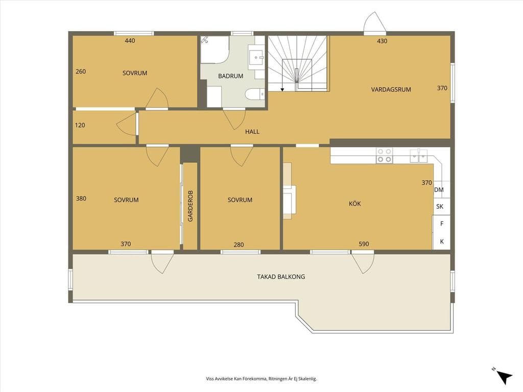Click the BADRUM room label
[x=230, y=76]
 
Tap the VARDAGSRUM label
[x=391, y=89]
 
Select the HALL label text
[x=252, y=132]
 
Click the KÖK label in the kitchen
[x=354, y=203]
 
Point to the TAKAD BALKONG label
[x=281, y=277]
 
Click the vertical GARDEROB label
[x=191, y=206]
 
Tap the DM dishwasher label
[x=439, y=190]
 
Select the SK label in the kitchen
[x=440, y=206]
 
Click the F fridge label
[x=442, y=224]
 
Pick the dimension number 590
[x=364, y=244]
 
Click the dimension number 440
[x=130, y=41]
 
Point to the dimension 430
[x=382, y=41]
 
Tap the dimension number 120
[x=80, y=126]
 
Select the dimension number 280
[x=239, y=244]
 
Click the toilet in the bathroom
[x=255, y=94]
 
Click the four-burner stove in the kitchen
[x=384, y=155]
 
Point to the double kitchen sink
[x=419, y=155]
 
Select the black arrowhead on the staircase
[x=282, y=89]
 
